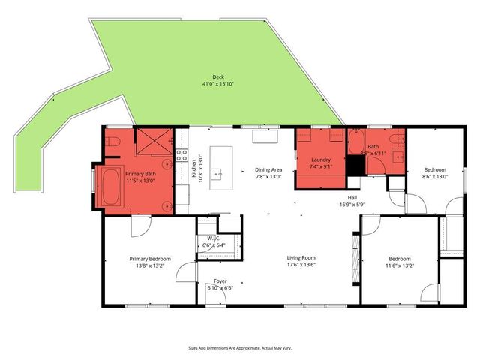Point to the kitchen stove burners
pos(181,156)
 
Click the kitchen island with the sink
pos(220,169)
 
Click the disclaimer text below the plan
pos(240,347)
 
